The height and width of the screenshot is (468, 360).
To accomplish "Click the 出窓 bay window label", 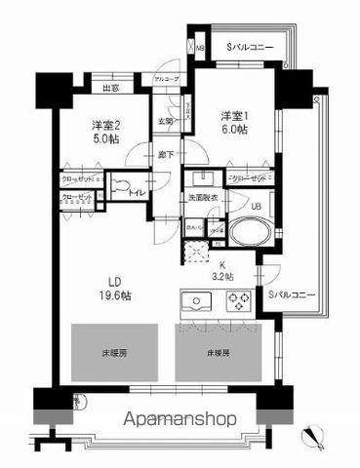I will [110, 88].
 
